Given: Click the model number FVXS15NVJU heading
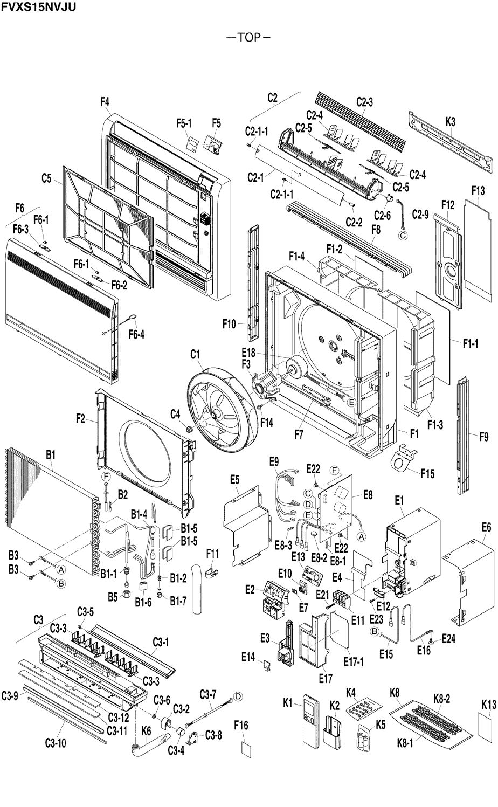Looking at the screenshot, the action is pyautogui.click(x=38, y=7).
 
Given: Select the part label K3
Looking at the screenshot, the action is pyautogui.click(x=450, y=122).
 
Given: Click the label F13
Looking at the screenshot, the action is pyautogui.click(x=478, y=191).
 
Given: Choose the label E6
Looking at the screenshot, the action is pyautogui.click(x=486, y=527).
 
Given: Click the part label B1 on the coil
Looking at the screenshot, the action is pyautogui.click(x=51, y=455).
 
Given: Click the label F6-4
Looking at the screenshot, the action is pyautogui.click(x=136, y=335).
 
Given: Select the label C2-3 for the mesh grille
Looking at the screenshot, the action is pyautogui.click(x=365, y=102).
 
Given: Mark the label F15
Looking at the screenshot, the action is pyautogui.click(x=427, y=473).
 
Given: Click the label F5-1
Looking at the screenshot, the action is pyautogui.click(x=184, y=123).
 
